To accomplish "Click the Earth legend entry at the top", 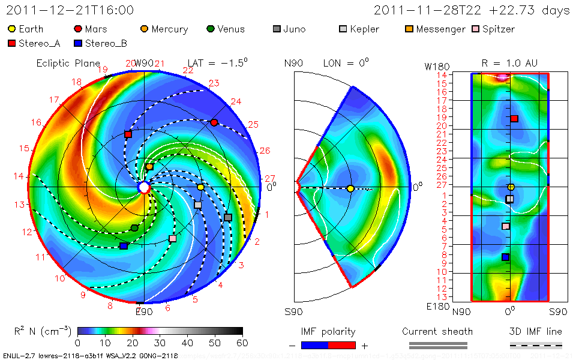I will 26,29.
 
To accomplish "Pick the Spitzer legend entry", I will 493,29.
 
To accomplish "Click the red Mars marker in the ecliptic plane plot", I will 214,122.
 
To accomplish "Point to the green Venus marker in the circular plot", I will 134,228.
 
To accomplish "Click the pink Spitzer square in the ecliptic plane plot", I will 173,239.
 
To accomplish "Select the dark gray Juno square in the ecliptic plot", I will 228,217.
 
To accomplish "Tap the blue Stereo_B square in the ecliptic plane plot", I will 124,246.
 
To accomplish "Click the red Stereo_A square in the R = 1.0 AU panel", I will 514,119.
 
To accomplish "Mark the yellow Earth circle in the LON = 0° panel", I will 350,188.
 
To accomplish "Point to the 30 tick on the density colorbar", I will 160,343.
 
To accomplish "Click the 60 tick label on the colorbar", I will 242,343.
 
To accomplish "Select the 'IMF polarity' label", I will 328,331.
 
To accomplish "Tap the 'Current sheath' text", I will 437,331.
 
